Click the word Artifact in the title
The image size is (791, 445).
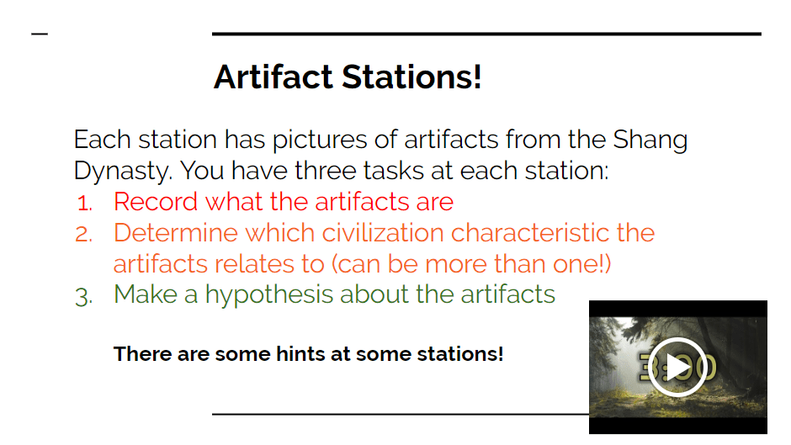[273, 77]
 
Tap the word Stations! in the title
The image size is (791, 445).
[411, 77]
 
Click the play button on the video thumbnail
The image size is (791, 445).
[677, 367]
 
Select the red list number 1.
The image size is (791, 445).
[85, 204]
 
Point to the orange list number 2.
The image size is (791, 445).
[84, 234]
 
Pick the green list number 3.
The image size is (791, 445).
[84, 296]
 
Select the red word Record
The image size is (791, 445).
[156, 202]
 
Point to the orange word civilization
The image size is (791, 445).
[383, 232]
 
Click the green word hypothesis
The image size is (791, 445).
[269, 295]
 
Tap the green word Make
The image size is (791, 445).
[146, 294]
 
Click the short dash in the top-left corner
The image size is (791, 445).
[40, 34]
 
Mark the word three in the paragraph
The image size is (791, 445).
[326, 171]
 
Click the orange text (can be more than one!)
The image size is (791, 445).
[471, 264]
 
